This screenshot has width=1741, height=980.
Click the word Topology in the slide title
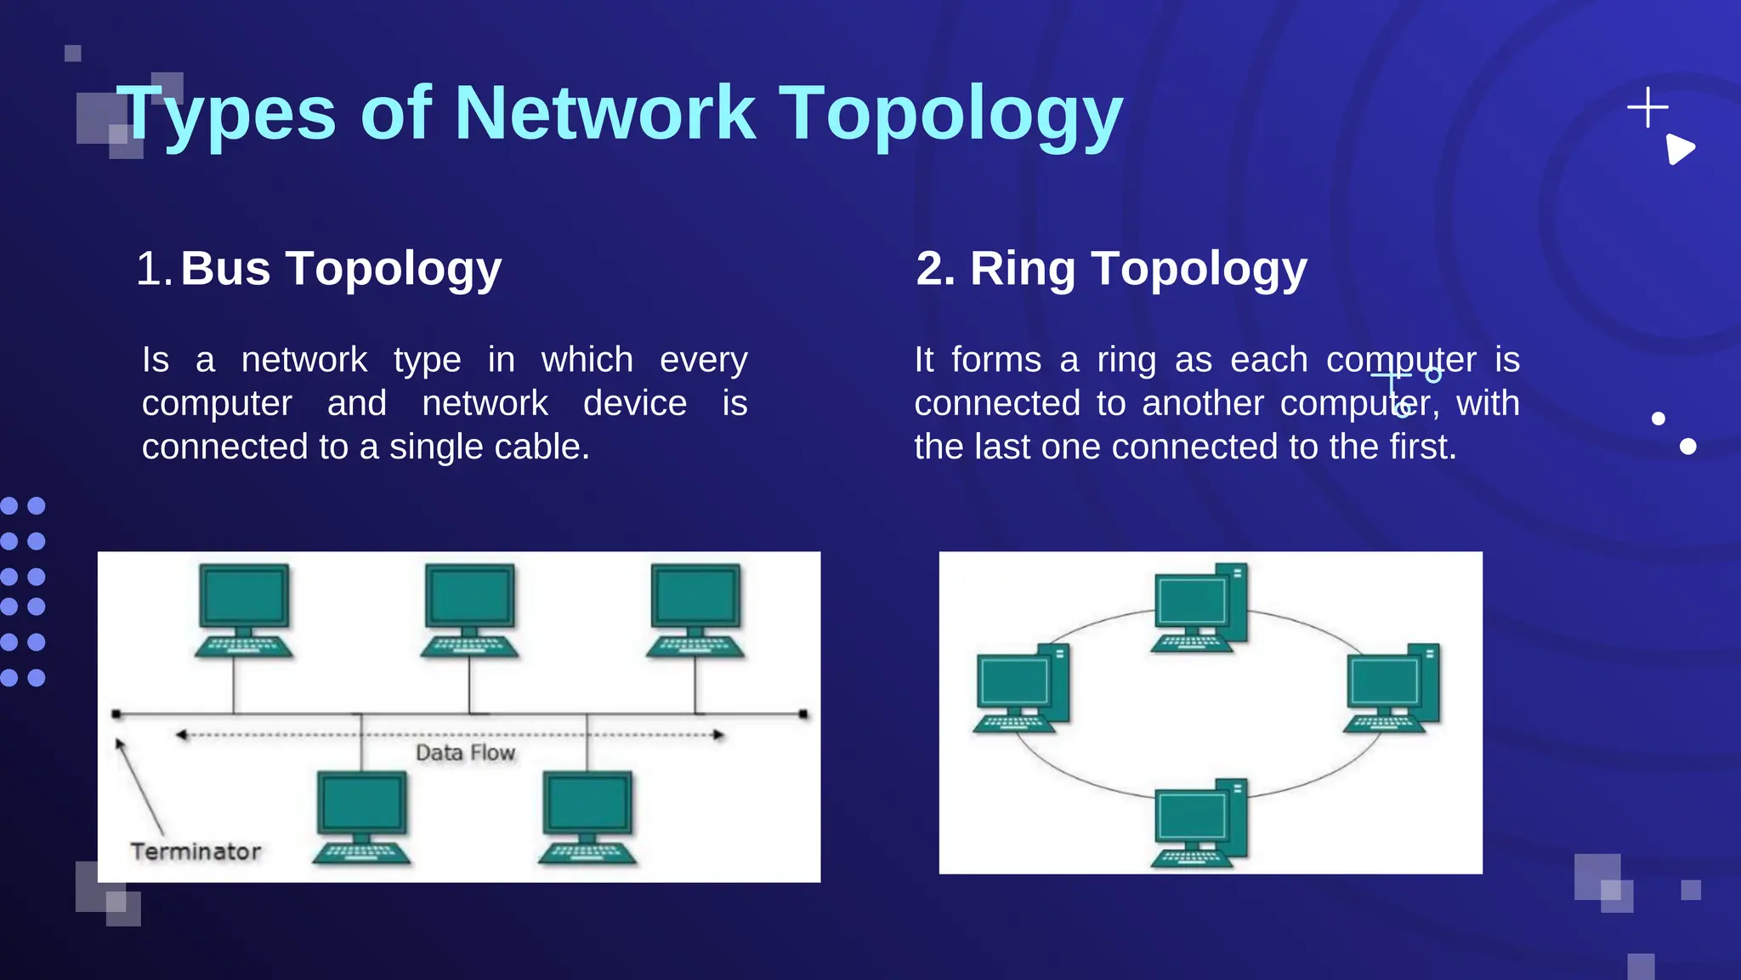point(951,115)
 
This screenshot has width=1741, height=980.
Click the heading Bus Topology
point(341,269)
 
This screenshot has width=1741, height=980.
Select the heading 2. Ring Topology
point(1111,269)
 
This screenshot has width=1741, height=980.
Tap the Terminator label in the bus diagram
point(196,852)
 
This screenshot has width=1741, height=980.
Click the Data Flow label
point(465,753)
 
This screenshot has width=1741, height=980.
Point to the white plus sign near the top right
point(1647,107)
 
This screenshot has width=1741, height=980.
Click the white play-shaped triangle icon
point(1679,150)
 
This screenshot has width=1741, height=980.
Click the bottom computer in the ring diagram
point(1199,823)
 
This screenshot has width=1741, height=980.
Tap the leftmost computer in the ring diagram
point(1020,688)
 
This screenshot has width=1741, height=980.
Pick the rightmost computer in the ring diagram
point(1392,688)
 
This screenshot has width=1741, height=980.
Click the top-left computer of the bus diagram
point(244,609)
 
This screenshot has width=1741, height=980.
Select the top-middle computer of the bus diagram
point(469,609)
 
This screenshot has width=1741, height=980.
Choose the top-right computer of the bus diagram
point(695,609)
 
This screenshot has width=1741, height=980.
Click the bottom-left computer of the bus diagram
point(361,817)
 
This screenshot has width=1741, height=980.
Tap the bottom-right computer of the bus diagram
point(587,817)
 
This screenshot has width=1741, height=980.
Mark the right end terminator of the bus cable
point(803,715)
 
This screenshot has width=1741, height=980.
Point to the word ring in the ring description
point(1126,360)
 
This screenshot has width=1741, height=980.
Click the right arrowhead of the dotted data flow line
point(719,735)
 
